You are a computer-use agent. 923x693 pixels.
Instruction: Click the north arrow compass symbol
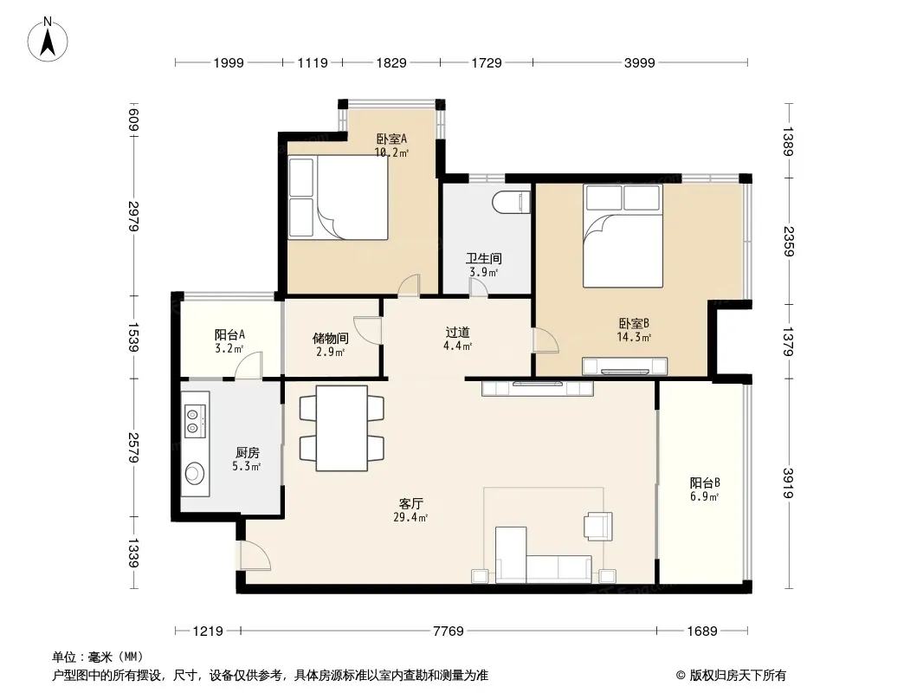pos(48,41)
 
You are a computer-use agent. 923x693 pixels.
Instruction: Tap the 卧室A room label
pos(391,139)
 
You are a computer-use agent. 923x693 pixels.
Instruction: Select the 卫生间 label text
pos(484,258)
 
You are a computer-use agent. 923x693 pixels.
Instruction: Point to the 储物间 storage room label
pos(330,339)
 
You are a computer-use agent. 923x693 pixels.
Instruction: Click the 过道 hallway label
pos(457,333)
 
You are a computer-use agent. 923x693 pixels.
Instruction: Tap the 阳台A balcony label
pos(229,335)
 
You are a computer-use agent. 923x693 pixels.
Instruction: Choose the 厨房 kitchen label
pos(248,453)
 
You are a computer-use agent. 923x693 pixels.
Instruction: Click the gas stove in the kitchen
pos(196,421)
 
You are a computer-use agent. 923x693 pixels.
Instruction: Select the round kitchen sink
pos(195,473)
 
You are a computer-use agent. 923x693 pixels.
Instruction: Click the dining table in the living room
pos(341,428)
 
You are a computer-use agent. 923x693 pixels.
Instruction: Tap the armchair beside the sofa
pos(598,526)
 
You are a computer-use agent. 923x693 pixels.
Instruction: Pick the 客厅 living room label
pos(411,504)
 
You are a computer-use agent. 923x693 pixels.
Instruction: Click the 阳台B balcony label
pos(705,483)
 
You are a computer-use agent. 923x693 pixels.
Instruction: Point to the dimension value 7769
pos(449,631)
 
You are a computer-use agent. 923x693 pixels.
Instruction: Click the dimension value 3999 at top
pos(639,62)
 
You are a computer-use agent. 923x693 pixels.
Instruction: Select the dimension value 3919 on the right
pos(789,483)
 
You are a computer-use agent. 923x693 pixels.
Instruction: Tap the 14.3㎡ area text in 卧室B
pos(634,337)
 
